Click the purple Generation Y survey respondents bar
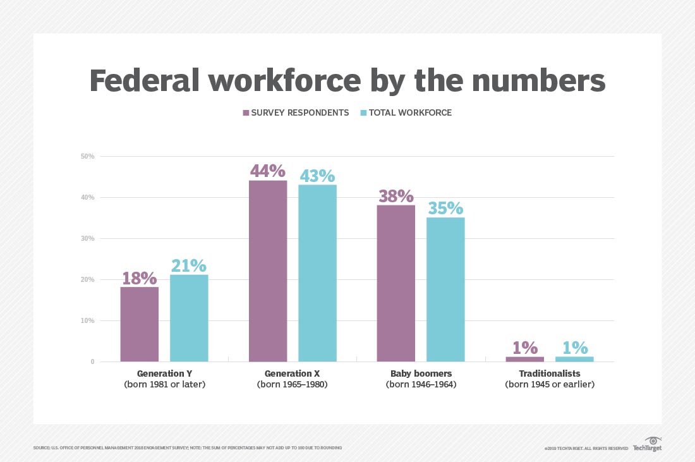point(139,324)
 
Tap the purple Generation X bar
point(268,271)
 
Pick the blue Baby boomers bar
point(445,289)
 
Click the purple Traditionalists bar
point(524,359)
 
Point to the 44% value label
point(268,171)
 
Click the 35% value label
point(445,208)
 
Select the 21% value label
point(189,265)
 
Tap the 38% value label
point(396,195)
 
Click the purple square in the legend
point(246,113)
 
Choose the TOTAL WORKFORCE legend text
point(410,113)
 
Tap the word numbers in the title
point(541,80)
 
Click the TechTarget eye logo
point(653,440)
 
